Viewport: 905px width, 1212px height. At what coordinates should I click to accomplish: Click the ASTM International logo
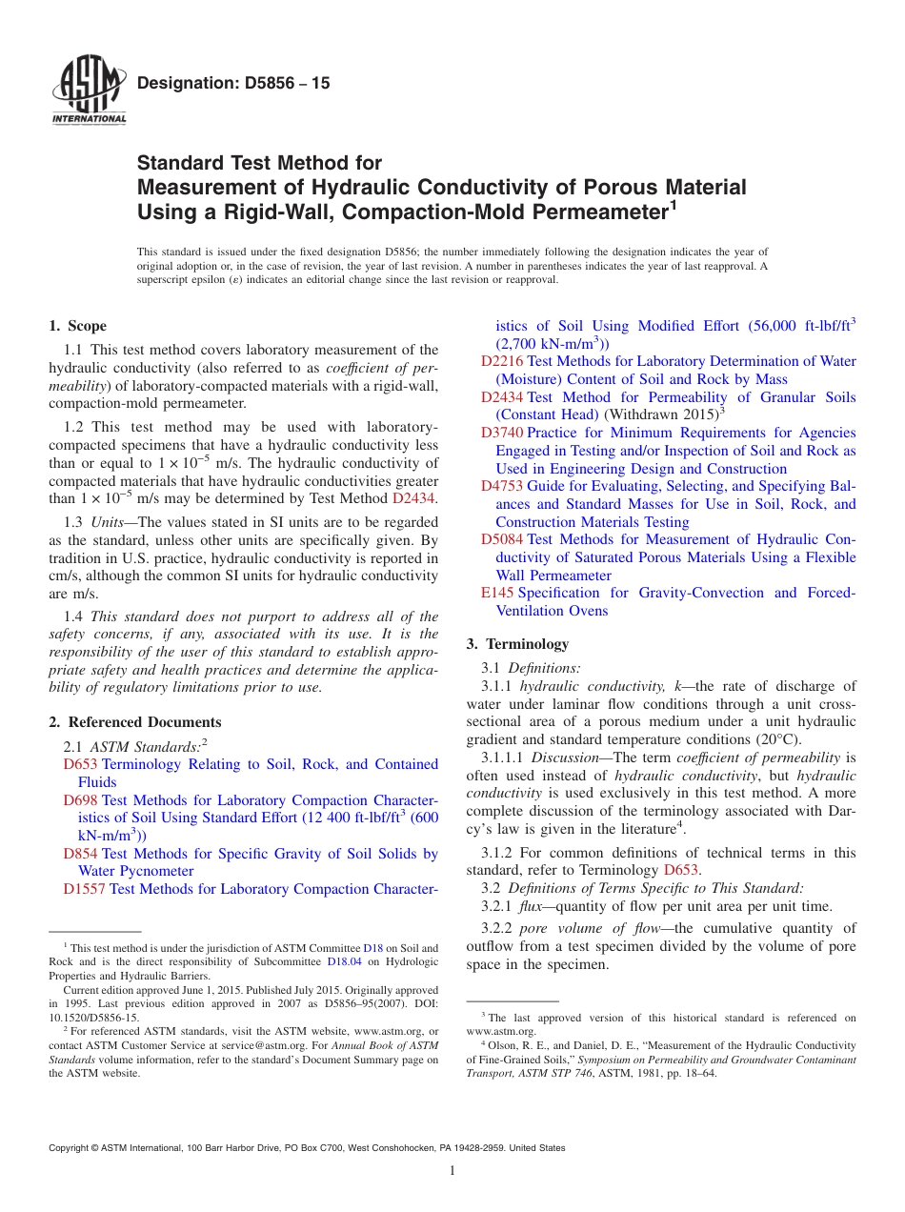[x=88, y=91]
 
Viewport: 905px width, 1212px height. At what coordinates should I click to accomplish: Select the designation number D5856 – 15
[x=233, y=84]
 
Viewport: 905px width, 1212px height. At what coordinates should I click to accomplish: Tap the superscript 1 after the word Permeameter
[x=673, y=203]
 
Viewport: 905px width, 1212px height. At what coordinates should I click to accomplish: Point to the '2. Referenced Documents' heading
[x=135, y=722]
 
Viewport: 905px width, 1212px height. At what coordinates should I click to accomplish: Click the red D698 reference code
[x=80, y=800]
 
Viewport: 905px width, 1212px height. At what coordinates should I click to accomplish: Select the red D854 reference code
[x=80, y=854]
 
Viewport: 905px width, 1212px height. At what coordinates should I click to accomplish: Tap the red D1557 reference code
[x=84, y=889]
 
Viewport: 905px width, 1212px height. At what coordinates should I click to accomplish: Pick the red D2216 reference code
[x=501, y=361]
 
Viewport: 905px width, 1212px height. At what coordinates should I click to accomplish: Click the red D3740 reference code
[x=501, y=433]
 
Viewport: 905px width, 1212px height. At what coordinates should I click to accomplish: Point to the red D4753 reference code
[x=501, y=486]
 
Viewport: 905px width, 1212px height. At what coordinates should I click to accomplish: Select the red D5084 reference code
[x=501, y=539]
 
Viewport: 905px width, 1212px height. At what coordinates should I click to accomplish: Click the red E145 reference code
[x=497, y=593]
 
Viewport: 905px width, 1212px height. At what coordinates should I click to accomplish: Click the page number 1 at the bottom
[x=452, y=1170]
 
